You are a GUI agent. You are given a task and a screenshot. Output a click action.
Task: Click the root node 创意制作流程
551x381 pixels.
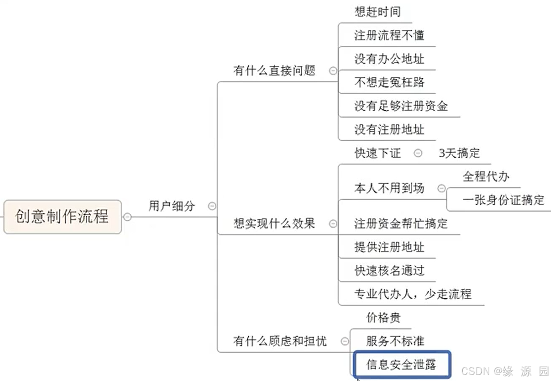click(62, 216)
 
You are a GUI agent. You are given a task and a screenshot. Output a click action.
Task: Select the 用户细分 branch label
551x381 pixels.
click(172, 205)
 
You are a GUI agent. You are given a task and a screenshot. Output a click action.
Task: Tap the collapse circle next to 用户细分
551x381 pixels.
click(212, 205)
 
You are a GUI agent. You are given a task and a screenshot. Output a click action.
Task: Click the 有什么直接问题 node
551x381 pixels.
click(274, 71)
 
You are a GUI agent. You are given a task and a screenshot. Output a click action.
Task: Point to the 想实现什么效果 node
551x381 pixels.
click(274, 223)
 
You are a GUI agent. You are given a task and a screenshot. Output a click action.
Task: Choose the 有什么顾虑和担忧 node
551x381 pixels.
click(280, 341)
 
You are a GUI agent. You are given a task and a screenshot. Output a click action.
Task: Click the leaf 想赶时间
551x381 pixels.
click(377, 12)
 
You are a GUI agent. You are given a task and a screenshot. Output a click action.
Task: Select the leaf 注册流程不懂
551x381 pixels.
click(389, 35)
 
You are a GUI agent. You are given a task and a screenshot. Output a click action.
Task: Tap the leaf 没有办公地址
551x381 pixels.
click(389, 59)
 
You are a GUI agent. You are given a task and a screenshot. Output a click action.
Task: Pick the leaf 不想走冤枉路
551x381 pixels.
click(389, 82)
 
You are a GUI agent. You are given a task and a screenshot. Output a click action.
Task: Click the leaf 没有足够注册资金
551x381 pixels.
click(401, 106)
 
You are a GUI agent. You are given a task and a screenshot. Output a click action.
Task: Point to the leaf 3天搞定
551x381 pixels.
click(459, 153)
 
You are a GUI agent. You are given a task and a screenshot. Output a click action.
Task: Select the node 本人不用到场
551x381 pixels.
click(389, 188)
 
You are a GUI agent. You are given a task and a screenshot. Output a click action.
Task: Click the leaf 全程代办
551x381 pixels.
click(486, 177)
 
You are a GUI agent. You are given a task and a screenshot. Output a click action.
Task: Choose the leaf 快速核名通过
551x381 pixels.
click(389, 270)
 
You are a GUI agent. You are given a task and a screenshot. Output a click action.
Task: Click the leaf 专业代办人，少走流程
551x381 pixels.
click(413, 294)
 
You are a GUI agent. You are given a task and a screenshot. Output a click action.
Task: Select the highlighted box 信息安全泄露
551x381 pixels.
click(401, 365)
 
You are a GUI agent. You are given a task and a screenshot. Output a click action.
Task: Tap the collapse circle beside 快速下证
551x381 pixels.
click(418, 153)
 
